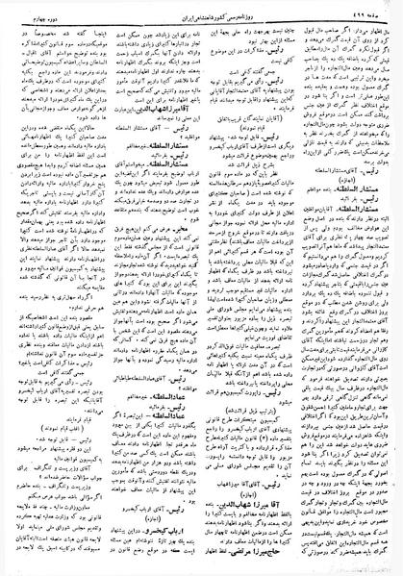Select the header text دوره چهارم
pos(29,10)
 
